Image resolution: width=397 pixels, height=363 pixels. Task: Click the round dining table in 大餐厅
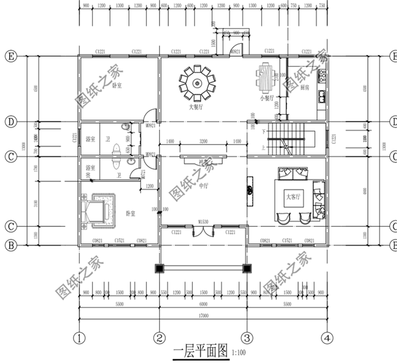(197, 83)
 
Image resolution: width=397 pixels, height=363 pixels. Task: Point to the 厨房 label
(305, 88)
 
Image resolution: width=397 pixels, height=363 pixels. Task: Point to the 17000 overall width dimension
(203, 315)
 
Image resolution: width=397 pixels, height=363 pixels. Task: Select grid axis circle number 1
(79, 337)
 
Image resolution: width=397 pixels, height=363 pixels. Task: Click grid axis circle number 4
(327, 337)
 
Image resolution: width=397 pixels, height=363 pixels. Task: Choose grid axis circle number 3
(246, 337)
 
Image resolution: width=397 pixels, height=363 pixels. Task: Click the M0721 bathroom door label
(143, 175)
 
